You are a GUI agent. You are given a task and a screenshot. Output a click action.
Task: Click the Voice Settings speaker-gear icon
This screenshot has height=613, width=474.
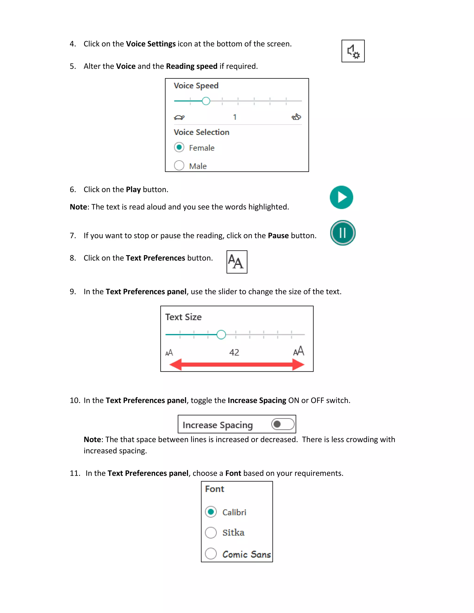coord(353,51)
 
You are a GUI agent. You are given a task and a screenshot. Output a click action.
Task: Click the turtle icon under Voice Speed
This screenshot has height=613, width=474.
coord(179,117)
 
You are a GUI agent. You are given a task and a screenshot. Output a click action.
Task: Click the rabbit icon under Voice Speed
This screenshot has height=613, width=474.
coord(296,117)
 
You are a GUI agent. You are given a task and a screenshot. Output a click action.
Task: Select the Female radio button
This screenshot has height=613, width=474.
coord(179,147)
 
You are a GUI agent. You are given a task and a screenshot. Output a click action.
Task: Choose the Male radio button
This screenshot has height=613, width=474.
coord(179,165)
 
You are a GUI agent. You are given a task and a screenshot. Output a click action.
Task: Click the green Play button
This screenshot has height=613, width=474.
coord(341,197)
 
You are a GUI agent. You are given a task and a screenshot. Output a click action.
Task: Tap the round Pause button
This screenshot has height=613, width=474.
coord(343,233)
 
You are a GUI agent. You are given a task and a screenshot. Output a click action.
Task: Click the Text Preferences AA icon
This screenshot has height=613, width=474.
coord(237,262)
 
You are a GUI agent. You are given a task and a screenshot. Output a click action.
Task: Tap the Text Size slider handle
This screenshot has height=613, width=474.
coord(221,334)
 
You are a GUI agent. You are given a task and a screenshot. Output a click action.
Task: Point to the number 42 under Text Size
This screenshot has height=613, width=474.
coord(234,352)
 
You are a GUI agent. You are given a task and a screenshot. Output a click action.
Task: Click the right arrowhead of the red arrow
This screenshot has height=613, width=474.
coord(298,365)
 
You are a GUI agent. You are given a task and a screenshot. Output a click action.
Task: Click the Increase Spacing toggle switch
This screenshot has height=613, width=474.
coord(283,424)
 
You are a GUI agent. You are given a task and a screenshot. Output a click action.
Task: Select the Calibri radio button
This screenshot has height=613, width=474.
coord(211,512)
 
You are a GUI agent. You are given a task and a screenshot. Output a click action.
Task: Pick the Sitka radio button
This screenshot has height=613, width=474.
coord(211,533)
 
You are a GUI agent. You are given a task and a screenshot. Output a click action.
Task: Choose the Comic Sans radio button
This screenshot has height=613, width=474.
coord(211,554)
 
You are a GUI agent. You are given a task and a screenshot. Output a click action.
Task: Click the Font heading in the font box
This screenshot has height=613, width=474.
coord(215,489)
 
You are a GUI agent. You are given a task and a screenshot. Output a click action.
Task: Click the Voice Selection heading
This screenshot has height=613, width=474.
coord(201,132)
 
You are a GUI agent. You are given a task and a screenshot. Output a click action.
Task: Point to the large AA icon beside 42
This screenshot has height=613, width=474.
coord(299,351)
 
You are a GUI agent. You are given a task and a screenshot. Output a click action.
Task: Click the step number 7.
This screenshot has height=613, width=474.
coord(73,235)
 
